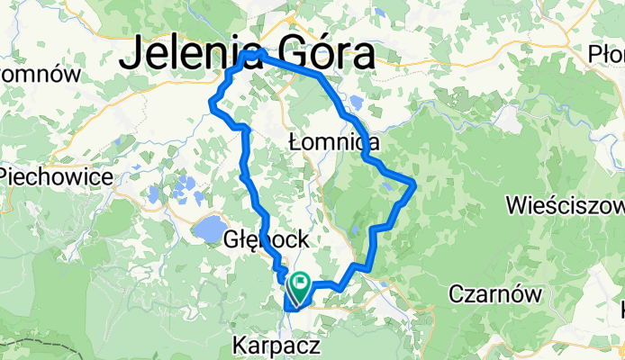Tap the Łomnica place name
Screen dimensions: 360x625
point(333,142)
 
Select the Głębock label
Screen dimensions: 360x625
point(267,240)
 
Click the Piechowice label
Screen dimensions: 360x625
point(56,175)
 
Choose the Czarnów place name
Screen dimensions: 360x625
point(495,294)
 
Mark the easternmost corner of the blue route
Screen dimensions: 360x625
point(414,184)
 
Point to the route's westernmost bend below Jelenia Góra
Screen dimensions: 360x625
point(211,104)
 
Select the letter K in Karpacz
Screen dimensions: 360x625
point(240,345)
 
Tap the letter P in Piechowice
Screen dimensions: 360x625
point(7,175)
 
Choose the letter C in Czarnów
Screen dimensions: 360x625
point(457,294)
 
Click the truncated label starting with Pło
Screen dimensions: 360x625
point(605,53)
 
